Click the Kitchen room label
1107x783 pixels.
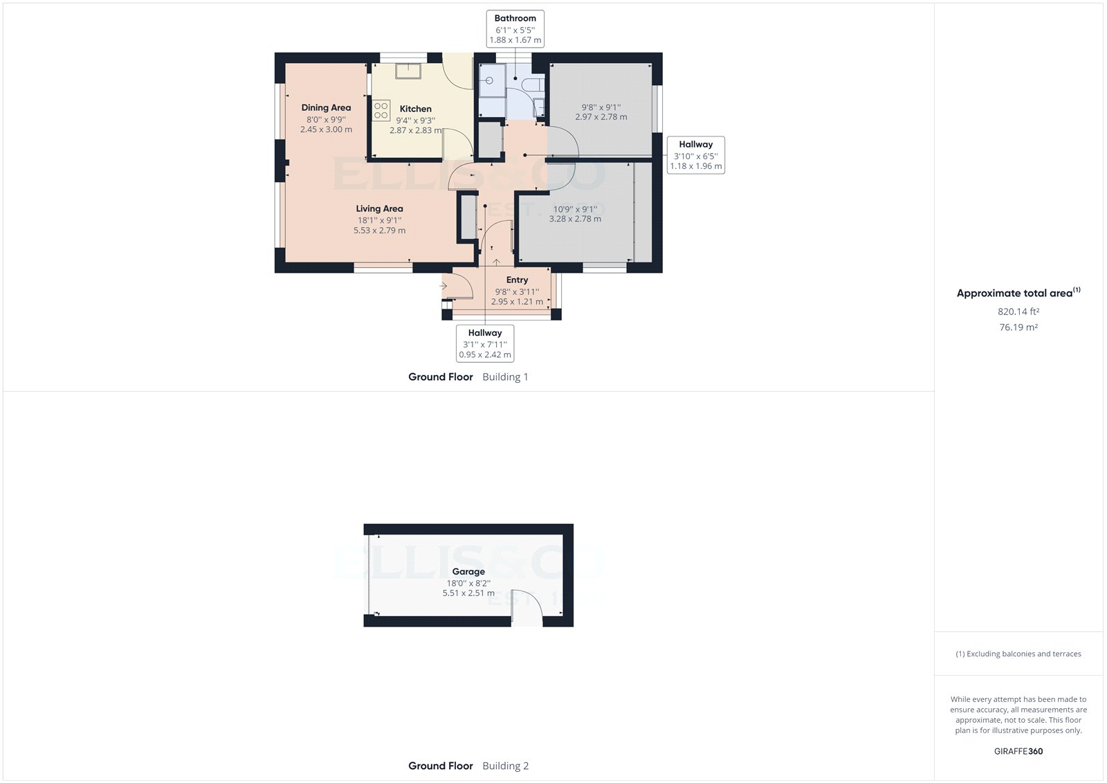pos(415,109)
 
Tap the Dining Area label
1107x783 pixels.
pos(326,107)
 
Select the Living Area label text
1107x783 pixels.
pos(379,208)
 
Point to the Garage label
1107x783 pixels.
pos(468,571)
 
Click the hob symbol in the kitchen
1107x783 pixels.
pos(381,111)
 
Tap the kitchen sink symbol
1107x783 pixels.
pos(408,71)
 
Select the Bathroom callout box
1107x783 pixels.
pos(515,29)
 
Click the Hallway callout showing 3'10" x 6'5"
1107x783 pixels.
pos(695,155)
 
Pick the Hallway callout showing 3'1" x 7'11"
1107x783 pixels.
pos(485,343)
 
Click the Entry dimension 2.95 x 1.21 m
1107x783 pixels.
pos(517,302)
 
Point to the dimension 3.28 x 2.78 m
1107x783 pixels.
pos(575,219)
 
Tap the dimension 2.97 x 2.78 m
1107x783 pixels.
pos(601,117)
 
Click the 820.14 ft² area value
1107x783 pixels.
pos(1018,312)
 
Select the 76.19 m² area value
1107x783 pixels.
pos(1018,327)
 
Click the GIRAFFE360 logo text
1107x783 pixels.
pos(1018,751)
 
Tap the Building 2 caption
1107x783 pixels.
pos(505,766)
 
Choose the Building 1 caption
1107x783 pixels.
pos(505,377)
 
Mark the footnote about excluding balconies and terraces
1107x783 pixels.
pos(1018,654)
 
